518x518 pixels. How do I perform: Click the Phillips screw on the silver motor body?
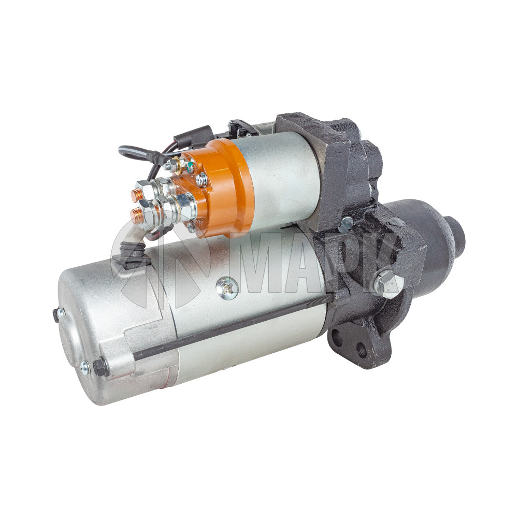point(227,287)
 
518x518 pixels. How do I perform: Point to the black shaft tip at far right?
point(455,231)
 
